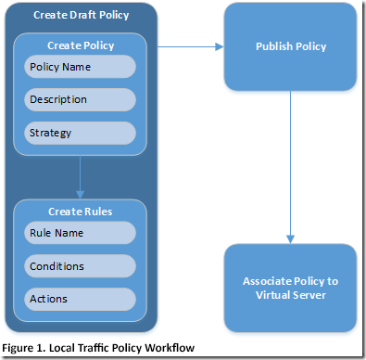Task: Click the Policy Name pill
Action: click(81, 67)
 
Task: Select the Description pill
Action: click(81, 99)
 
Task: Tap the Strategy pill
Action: click(81, 132)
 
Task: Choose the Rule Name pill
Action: click(81, 234)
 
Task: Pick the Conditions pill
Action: click(81, 266)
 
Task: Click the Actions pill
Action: click(81, 299)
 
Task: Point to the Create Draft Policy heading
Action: click(81, 16)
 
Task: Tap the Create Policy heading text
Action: click(81, 45)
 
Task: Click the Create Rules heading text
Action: click(81, 212)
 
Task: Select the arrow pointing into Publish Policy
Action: click(219, 45)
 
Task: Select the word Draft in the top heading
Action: click(81, 16)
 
